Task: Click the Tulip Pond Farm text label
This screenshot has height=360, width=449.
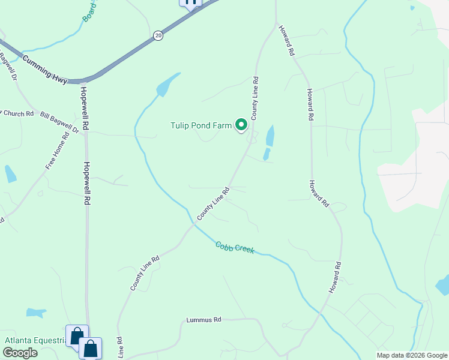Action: click(201, 126)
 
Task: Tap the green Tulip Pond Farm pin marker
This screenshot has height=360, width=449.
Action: click(241, 125)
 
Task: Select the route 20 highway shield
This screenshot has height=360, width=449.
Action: click(157, 35)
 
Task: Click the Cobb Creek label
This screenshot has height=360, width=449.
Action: click(235, 247)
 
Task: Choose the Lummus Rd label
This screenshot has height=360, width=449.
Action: click(203, 320)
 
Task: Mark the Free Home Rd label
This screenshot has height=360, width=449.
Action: click(58, 149)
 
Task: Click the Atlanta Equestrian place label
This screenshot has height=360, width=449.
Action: click(35, 340)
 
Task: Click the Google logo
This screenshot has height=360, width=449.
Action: click(20, 353)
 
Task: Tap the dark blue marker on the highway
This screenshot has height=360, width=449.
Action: click(191, 2)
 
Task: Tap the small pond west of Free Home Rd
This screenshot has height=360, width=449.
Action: click(10, 173)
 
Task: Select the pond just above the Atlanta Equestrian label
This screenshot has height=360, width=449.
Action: click(37, 313)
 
